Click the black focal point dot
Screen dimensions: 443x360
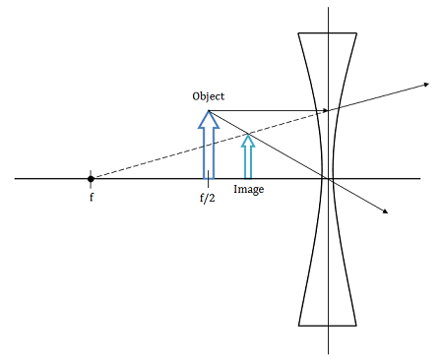pyautogui.click(x=91, y=178)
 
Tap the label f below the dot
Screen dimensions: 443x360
pyautogui.click(x=91, y=197)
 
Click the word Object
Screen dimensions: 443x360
pyautogui.click(x=209, y=95)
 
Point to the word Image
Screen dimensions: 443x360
pyautogui.click(x=248, y=189)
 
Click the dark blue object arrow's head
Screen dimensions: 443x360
pyautogui.click(x=208, y=118)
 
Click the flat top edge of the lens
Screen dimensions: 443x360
pyautogui.click(x=328, y=33)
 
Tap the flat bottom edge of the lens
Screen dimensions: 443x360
pyautogui.click(x=328, y=325)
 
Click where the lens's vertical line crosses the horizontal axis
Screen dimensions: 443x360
pyautogui.click(x=328, y=178)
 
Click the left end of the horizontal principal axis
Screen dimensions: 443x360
pyautogui.click(x=17, y=178)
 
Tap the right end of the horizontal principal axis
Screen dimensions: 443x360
pyautogui.click(x=419, y=178)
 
